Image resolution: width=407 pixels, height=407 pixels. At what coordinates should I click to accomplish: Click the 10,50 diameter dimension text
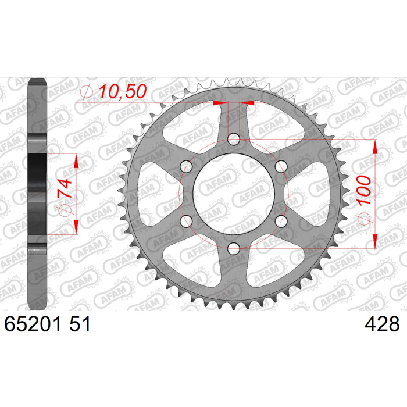123,91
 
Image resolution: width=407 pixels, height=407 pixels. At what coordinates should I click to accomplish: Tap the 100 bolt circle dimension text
364,190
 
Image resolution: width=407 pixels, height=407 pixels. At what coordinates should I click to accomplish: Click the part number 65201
33,324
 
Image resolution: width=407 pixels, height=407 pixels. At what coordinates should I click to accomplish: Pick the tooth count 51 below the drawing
80,324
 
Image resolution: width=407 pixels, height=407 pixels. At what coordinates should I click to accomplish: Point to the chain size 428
382,324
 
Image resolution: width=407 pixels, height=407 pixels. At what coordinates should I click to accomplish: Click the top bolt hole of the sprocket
234,140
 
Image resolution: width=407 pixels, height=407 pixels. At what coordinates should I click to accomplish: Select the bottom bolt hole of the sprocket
234,249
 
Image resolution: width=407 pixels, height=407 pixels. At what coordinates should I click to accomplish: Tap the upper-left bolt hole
187,167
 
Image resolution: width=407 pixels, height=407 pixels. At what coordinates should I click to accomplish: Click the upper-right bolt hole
281,167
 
